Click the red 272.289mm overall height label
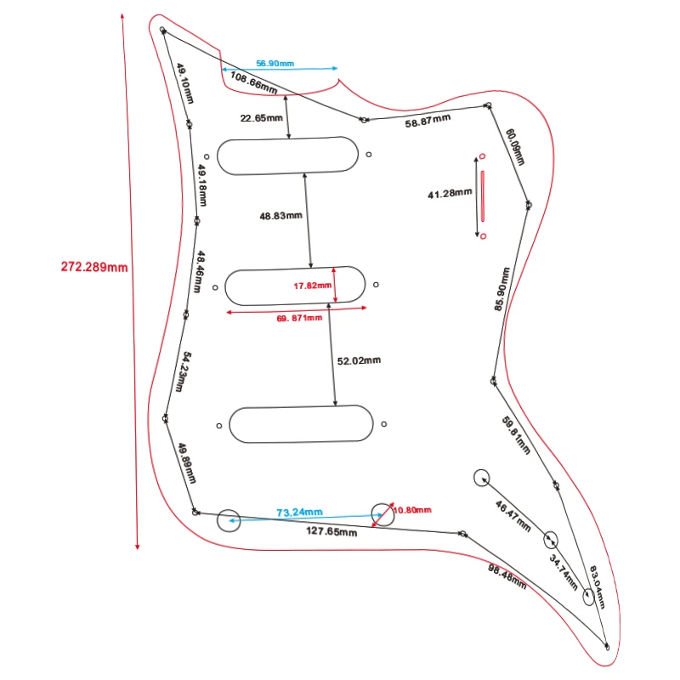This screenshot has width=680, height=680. click(94, 266)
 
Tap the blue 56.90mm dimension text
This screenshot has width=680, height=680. click(275, 64)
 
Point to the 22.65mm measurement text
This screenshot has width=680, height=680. click(261, 118)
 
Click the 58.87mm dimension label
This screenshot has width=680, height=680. click(427, 122)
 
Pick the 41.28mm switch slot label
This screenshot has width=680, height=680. click(450, 194)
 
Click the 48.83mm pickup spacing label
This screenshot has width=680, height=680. click(281, 216)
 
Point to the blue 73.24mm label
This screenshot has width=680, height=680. click(300, 513)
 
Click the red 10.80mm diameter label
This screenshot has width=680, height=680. click(412, 510)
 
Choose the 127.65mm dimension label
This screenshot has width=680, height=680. click(331, 532)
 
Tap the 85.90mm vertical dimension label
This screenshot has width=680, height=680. click(503, 290)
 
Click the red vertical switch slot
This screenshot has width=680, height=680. click(482, 195)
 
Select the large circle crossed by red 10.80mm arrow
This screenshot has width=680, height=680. click(383, 514)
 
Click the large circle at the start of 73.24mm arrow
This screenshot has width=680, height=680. click(229, 520)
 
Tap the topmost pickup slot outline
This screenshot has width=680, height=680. click(288, 156)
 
